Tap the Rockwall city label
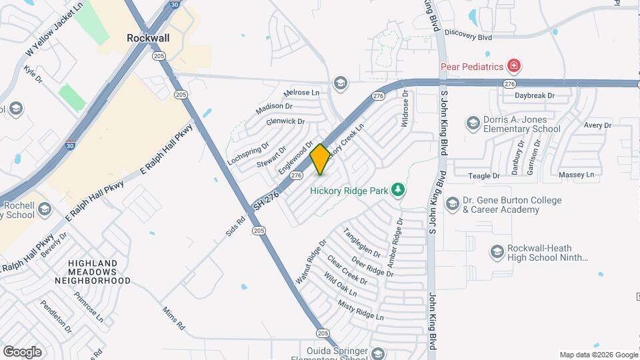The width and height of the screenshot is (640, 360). (x=148, y=38)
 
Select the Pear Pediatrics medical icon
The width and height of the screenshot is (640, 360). (x=514, y=66)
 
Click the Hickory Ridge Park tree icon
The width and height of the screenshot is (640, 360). (x=398, y=191)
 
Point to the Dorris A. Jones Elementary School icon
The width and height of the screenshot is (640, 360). (x=473, y=123)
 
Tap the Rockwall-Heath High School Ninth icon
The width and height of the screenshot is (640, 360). (x=497, y=252)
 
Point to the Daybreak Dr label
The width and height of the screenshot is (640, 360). (x=535, y=96)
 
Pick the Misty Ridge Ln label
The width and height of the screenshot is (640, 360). (x=361, y=310)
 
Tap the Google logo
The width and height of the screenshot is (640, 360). (x=22, y=351)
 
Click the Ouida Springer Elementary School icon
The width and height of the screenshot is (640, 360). (x=379, y=353)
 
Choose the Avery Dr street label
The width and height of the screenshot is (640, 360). (x=597, y=125)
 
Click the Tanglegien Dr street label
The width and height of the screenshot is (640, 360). (x=361, y=243)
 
